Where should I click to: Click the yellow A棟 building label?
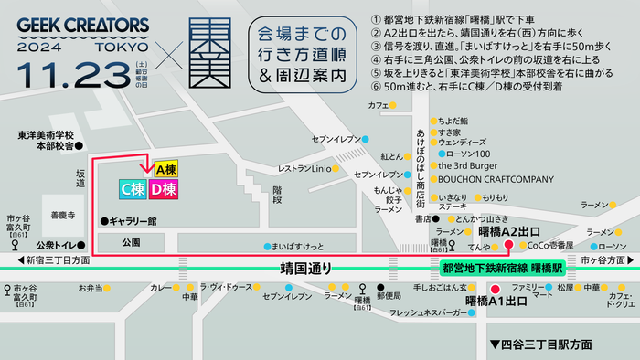point(165,170)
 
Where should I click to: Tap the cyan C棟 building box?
point(133,189)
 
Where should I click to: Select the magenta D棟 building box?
point(165,189)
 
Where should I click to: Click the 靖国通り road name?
point(305,269)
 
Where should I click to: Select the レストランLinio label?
point(304,168)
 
